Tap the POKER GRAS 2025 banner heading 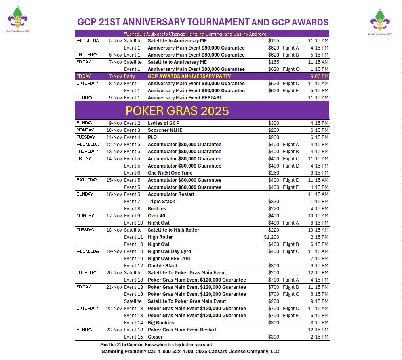[177, 111]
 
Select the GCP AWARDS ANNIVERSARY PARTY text [189, 76]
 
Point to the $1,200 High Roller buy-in [271, 237]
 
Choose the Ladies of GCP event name [163, 123]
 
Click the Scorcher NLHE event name [165, 130]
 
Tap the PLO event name [152, 137]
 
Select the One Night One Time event [170, 173]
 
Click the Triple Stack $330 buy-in [273, 202]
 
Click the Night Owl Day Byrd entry [169, 251]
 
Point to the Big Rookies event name [161, 323]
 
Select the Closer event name [155, 337]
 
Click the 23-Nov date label [114, 330]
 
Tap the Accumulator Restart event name [171, 194]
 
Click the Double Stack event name [163, 266]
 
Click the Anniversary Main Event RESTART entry [185, 98]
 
